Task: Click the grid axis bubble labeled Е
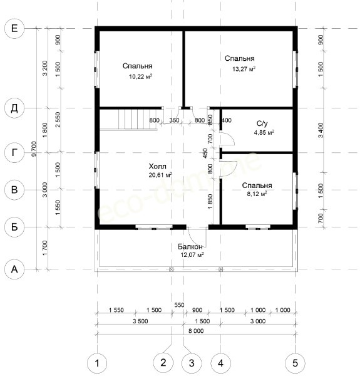14,29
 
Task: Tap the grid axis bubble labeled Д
14,108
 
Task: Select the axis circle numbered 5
296,363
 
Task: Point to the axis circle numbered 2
163,362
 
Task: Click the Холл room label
157,166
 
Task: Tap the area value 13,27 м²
244,69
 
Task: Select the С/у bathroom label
262,123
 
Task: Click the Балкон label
190,246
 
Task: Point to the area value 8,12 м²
257,194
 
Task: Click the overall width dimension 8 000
196,331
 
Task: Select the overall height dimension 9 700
34,149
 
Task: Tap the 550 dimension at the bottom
179,305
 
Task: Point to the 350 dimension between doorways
174,120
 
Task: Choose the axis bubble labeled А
14,269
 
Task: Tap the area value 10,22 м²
141,76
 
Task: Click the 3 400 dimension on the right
321,130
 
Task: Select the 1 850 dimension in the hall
210,201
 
